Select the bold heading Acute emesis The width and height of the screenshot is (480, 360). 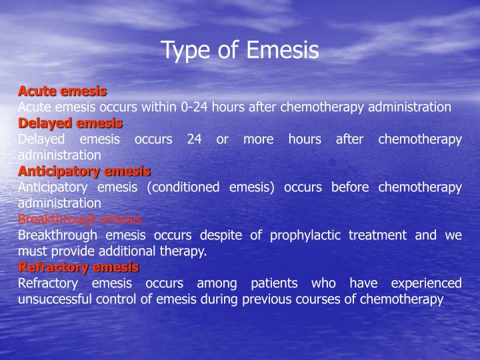coord(62,91)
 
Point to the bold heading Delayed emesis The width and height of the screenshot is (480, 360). coord(70,123)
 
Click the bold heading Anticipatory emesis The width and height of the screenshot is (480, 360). coord(84,171)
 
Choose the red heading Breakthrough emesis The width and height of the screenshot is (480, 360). coord(80,219)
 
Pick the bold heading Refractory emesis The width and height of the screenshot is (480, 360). coord(79,267)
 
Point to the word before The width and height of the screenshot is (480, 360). coord(351,187)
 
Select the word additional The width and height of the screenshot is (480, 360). coord(132,251)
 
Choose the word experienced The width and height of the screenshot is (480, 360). coord(427,283)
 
